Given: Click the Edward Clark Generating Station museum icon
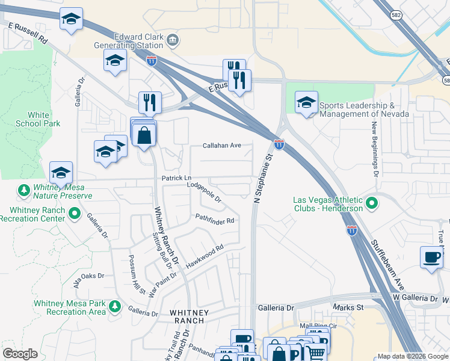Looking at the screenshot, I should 173,40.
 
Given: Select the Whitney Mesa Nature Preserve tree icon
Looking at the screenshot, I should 24,190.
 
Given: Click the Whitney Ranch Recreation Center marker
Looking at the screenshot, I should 75,213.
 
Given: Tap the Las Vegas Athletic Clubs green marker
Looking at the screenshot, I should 371,203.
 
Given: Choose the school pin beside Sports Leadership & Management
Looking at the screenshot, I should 306,103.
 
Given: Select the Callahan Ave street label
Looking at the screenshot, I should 221,146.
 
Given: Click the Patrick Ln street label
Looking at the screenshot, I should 176,178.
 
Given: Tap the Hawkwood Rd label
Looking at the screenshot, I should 205,255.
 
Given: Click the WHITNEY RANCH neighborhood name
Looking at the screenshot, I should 189,317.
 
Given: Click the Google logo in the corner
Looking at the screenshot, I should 20,354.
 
